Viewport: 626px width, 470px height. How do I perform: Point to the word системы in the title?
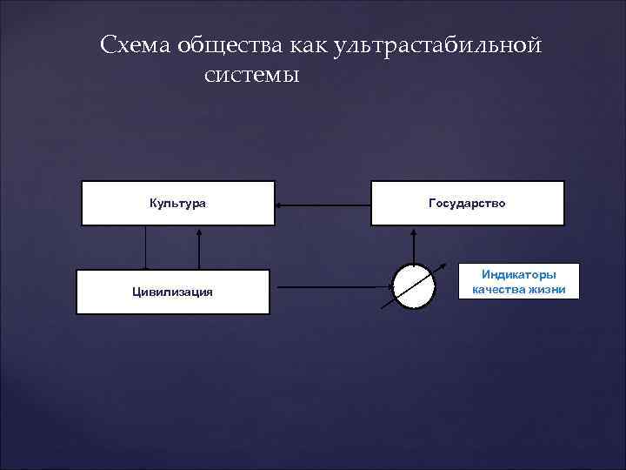pos(251,75)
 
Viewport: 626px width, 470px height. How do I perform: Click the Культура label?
pos(177,203)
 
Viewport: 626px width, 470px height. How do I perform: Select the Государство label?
pos(467,203)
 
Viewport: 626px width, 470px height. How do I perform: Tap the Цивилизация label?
pos(172,292)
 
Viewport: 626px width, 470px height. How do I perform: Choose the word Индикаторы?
pos(518,275)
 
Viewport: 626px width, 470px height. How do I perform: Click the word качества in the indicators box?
pos(498,290)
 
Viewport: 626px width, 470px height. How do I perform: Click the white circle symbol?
pos(414,285)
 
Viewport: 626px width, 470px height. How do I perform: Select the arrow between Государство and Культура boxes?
pos(323,205)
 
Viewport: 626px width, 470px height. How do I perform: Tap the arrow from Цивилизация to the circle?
pos(330,285)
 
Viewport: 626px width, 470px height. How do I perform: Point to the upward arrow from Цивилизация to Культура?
pos(200,248)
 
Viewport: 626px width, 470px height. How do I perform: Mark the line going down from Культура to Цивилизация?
pos(145,248)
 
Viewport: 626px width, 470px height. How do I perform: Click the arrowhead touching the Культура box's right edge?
pos(280,205)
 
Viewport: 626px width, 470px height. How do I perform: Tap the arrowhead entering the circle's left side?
pos(388,285)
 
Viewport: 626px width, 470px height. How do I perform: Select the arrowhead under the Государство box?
pos(414,231)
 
